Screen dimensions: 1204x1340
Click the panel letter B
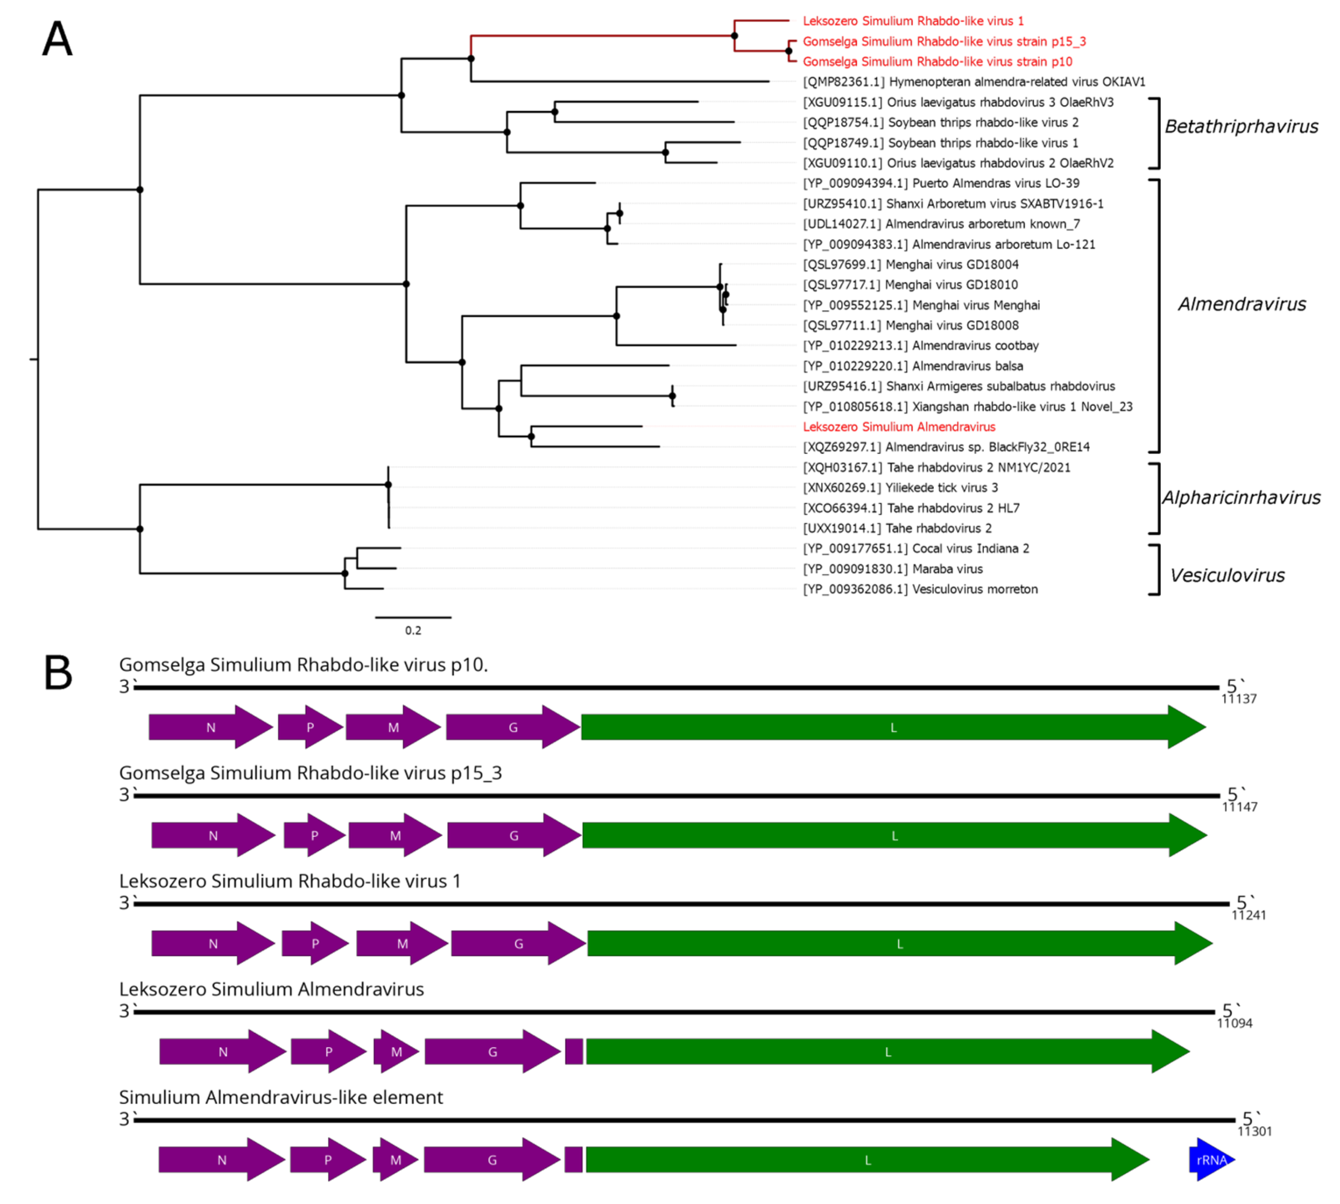(x=58, y=673)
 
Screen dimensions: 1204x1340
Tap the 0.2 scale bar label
(x=413, y=630)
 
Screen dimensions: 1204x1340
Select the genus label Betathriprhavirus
(x=1241, y=126)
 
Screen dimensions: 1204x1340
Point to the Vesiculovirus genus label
(x=1227, y=575)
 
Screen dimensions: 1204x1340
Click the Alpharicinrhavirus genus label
(x=1241, y=497)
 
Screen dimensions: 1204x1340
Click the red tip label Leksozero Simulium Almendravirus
(x=899, y=427)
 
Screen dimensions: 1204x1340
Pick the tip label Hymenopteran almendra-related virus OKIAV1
(x=973, y=82)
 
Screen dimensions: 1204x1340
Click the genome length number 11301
(x=1254, y=1131)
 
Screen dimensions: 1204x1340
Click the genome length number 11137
(x=1238, y=699)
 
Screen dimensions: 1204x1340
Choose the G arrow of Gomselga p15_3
(x=513, y=836)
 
